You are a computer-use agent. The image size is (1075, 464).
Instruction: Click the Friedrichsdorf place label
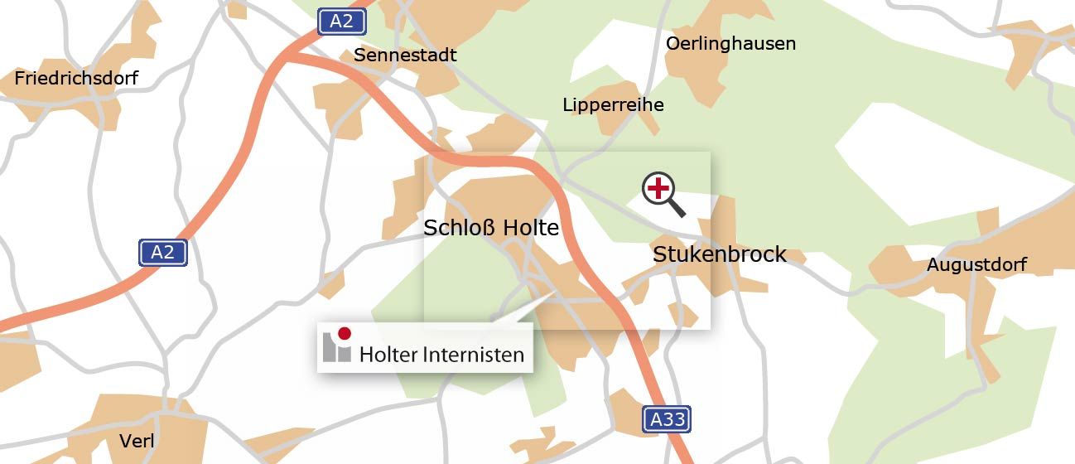point(76,79)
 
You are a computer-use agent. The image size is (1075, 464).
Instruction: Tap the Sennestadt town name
point(405,56)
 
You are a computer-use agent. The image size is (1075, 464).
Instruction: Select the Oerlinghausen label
point(730,43)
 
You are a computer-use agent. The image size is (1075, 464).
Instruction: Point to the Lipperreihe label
point(613,105)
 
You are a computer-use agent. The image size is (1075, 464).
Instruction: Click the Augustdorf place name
point(976,265)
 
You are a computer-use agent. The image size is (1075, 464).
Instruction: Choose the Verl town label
point(137,441)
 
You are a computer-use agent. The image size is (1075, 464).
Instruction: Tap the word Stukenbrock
point(719,254)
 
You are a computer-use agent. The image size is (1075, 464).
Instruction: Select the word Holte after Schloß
point(532,227)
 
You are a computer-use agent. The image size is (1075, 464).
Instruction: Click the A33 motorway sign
point(667,419)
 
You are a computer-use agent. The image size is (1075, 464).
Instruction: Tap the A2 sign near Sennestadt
point(341,22)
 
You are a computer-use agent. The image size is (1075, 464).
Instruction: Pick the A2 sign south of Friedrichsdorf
point(162,253)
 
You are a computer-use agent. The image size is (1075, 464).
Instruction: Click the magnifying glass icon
point(662,193)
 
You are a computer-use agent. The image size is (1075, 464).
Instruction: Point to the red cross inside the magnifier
point(658,189)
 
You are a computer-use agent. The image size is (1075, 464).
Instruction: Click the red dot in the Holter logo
point(345,333)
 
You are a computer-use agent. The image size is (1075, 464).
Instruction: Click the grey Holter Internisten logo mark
point(336,346)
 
